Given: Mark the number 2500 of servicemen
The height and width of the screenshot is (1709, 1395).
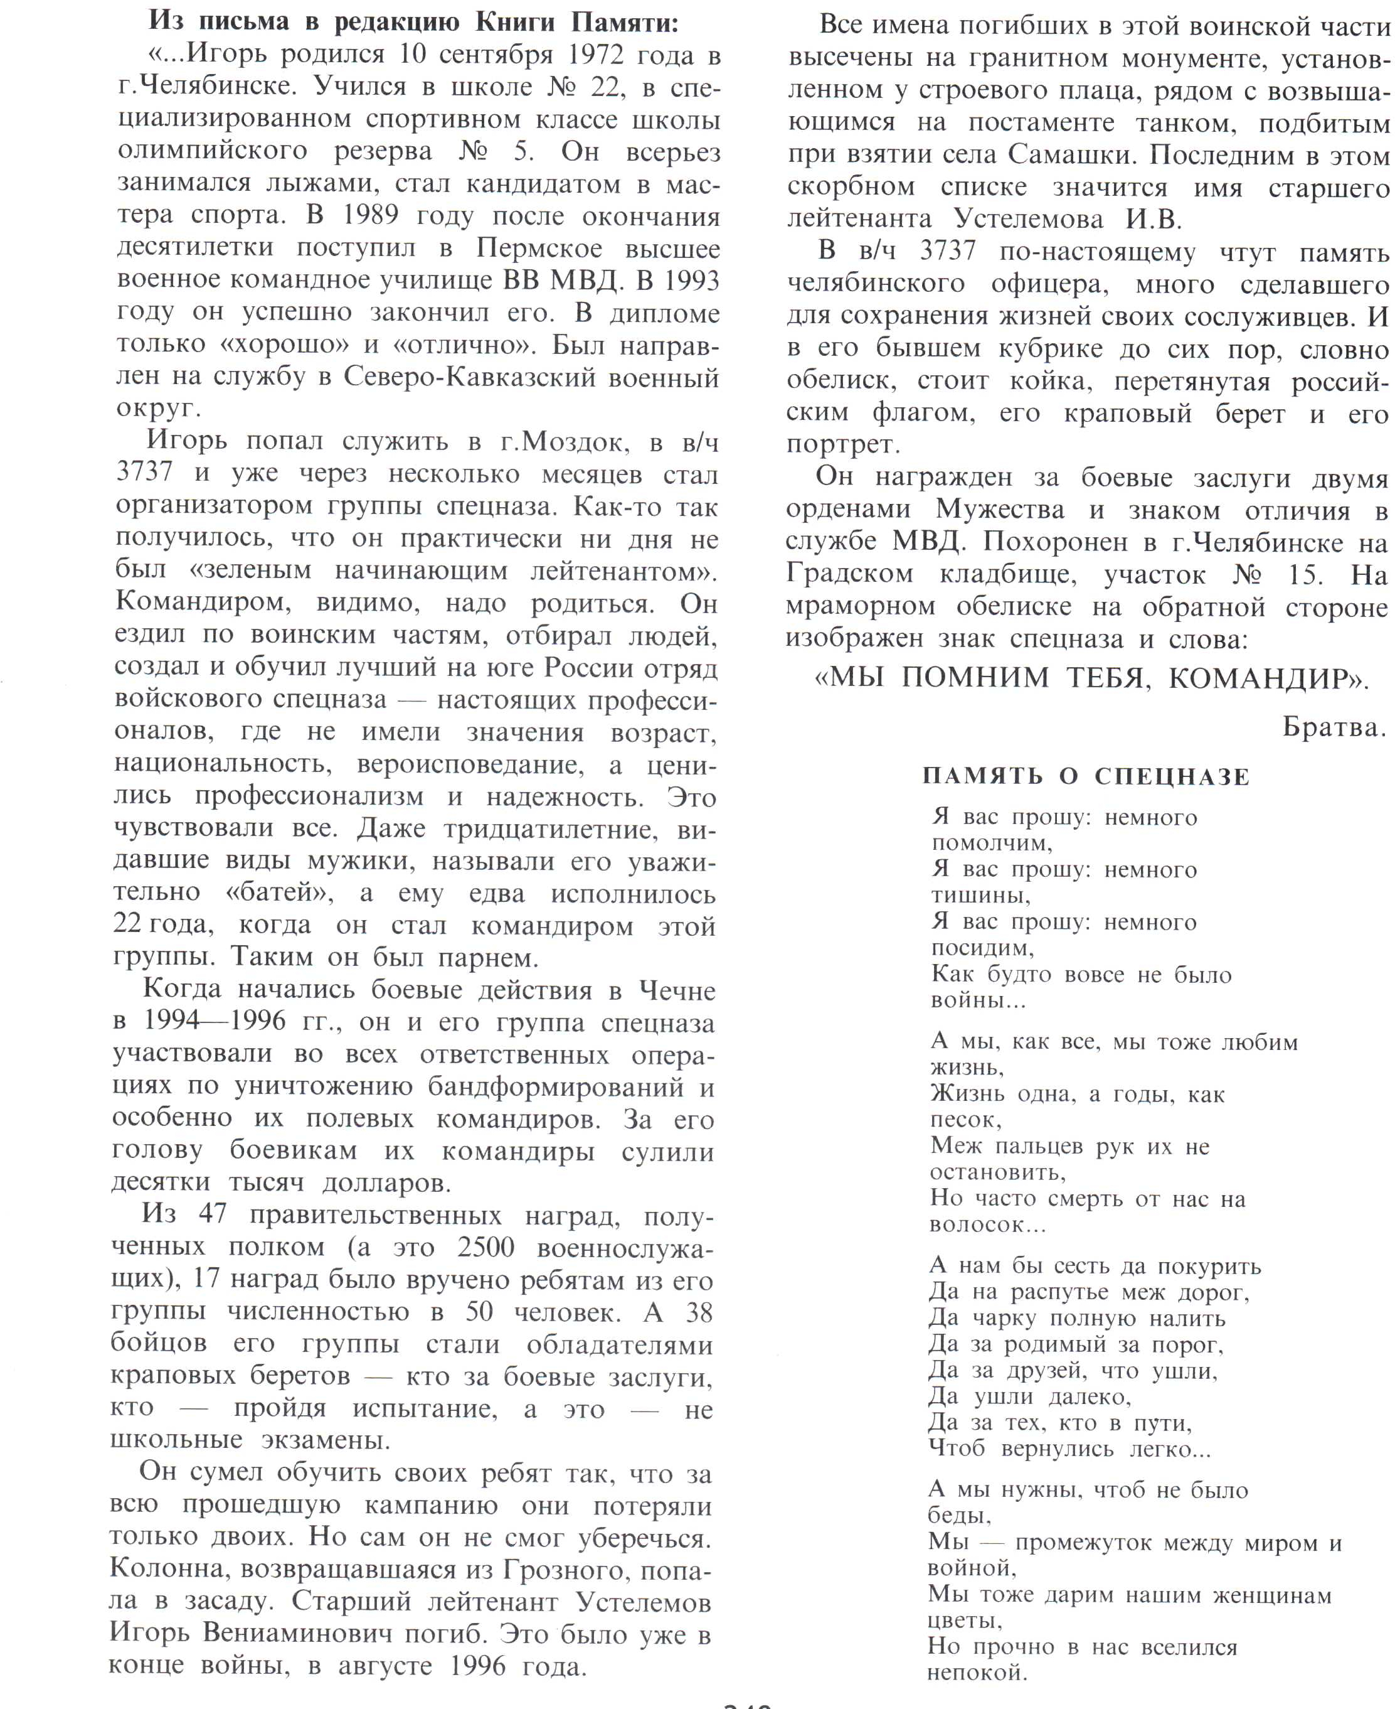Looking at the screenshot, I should click(x=485, y=1247).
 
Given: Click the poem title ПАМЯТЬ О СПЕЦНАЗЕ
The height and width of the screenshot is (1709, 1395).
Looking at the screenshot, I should click(x=1086, y=776).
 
